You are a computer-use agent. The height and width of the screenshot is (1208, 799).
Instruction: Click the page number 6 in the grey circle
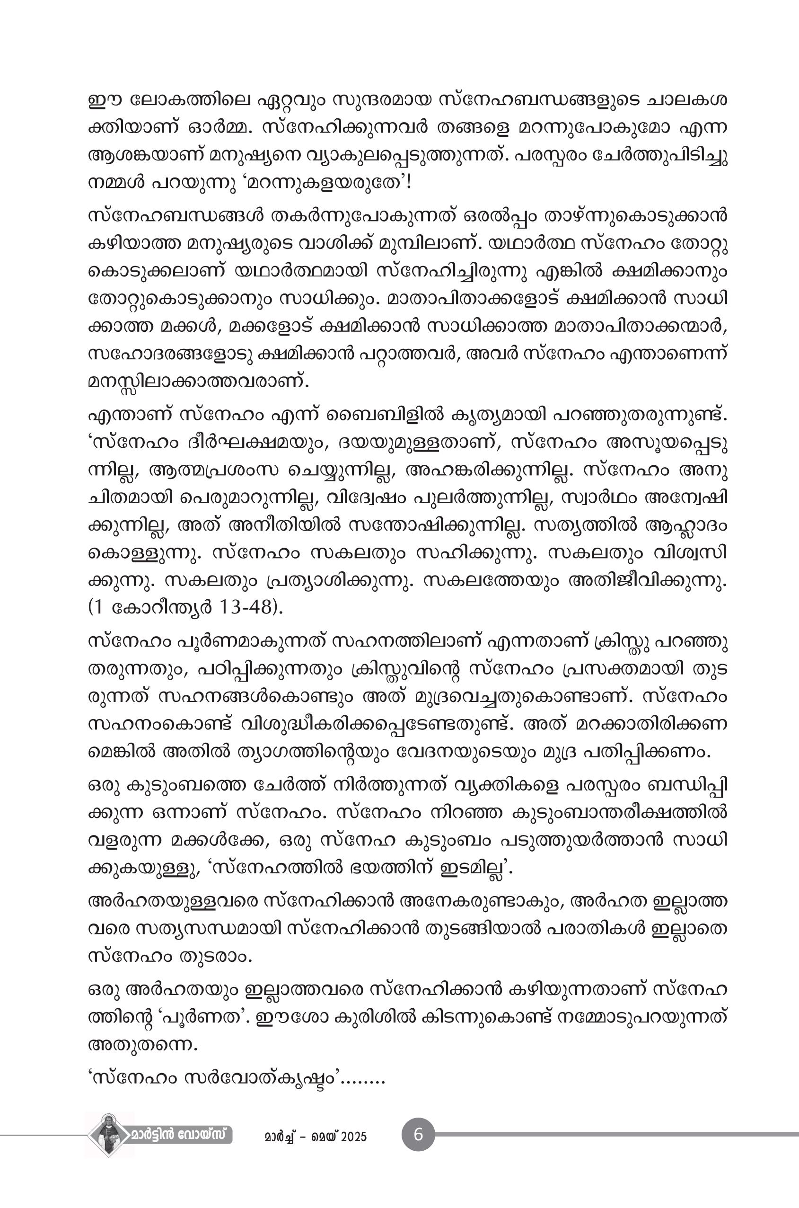[x=418, y=1135]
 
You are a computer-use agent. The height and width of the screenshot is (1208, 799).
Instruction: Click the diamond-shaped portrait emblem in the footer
[x=108, y=1135]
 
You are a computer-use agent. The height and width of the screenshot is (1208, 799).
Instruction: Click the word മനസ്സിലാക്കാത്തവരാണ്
[x=198, y=381]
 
